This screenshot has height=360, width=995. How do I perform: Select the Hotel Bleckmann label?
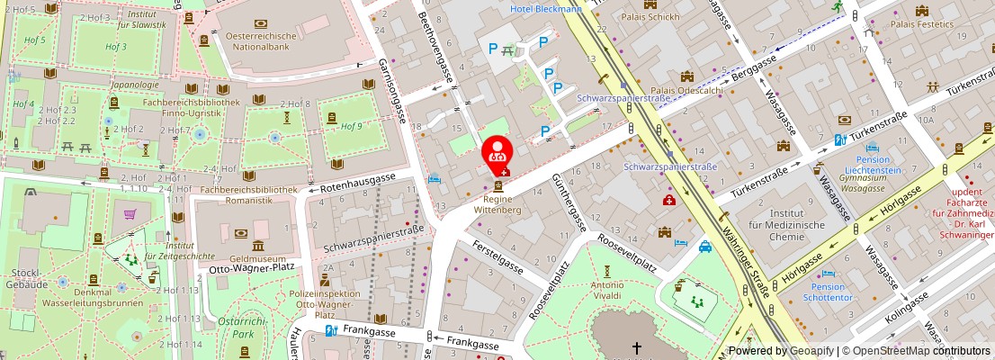pyautogui.click(x=545, y=9)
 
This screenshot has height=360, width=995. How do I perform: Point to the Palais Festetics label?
pyautogui.click(x=922, y=24)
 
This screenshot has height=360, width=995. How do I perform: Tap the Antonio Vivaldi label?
pyautogui.click(x=607, y=291)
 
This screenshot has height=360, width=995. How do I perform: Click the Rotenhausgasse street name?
pyautogui.click(x=357, y=188)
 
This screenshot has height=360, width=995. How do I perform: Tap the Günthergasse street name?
pyautogui.click(x=568, y=206)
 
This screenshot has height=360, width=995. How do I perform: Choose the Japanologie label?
pyautogui.click(x=135, y=85)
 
